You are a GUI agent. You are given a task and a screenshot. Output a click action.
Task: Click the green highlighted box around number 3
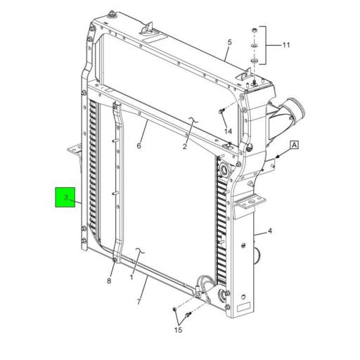coord(67,198)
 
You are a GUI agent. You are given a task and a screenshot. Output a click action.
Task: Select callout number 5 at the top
coord(229,43)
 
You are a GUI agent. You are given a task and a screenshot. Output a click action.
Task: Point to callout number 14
coord(228,131)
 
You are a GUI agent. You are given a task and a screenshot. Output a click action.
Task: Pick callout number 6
coord(139,146)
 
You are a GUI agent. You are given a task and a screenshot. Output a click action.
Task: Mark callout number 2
coord(184,146)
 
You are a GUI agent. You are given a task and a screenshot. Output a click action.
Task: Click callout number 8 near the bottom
coord(109,281)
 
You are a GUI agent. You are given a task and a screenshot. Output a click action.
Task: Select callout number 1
coord(131,277)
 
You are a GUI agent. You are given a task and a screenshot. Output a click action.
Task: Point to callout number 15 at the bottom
coord(178,329)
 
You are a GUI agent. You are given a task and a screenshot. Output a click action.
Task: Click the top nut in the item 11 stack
coord(254,32)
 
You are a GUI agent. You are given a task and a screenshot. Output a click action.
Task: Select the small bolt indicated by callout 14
coord(221,110)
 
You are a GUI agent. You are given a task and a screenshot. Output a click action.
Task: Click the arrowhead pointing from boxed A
coord(276,155)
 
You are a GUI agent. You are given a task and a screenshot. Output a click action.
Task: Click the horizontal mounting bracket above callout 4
coord(250,203)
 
